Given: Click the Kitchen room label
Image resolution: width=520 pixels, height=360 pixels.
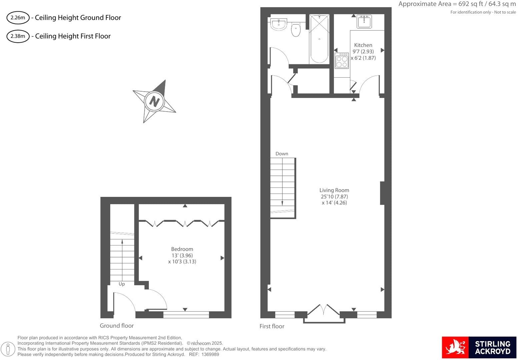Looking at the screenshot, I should [363, 45].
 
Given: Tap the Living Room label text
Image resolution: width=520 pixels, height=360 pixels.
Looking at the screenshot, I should [334, 190].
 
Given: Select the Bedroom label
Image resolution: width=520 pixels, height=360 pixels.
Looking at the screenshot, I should [182, 249].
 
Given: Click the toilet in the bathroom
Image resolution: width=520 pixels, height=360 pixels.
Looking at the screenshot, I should [296, 30].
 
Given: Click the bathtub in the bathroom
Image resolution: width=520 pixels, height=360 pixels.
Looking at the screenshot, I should [319, 39].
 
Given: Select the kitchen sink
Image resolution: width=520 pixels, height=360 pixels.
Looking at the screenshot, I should [364, 22].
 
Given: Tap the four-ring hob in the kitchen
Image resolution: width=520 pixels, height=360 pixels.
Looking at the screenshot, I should [342, 61].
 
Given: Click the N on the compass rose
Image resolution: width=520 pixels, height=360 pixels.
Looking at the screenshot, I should [154, 101].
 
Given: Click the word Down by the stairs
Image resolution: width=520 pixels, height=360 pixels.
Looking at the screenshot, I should [282, 154].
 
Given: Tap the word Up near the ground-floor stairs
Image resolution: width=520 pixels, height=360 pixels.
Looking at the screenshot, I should [122, 284].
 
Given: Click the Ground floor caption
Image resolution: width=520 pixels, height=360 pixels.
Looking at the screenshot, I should [117, 326].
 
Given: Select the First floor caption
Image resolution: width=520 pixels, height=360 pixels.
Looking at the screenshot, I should [272, 326].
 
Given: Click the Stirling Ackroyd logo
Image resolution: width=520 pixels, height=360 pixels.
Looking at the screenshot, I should [479, 347].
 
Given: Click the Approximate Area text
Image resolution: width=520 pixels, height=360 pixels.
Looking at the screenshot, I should [457, 4].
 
